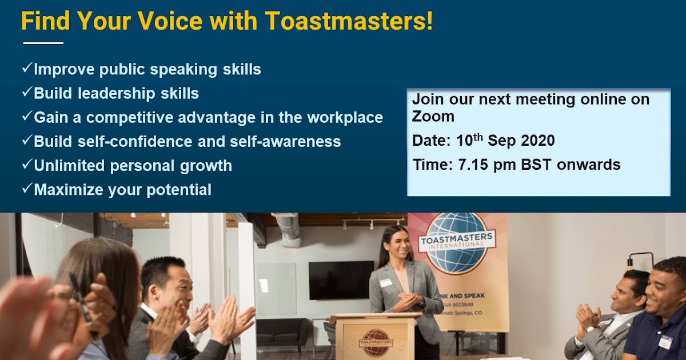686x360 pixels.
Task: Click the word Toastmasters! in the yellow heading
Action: (x=349, y=21)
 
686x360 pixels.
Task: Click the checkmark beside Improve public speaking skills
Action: (x=27, y=68)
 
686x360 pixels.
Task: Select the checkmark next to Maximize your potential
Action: (x=27, y=188)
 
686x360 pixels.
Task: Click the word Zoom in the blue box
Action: (x=433, y=117)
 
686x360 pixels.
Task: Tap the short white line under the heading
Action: (x=43, y=43)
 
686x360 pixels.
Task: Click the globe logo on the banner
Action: (x=457, y=243)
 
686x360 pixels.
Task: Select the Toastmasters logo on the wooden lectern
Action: (x=376, y=341)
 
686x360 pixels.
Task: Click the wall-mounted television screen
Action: (x=341, y=280)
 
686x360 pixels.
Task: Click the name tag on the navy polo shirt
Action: (x=665, y=342)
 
